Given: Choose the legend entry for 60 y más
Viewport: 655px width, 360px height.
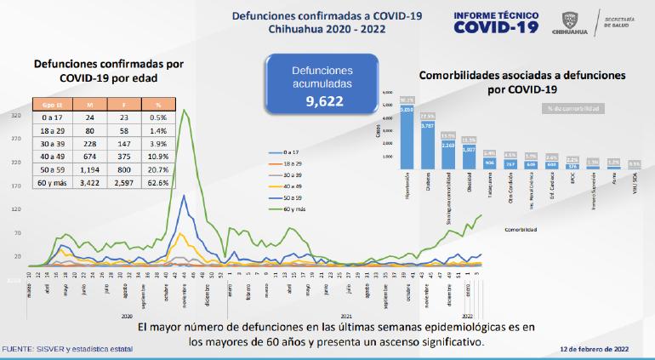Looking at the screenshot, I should pyautogui.click(x=292, y=207).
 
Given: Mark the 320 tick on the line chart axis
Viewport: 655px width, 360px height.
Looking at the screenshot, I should pyautogui.click(x=16, y=115).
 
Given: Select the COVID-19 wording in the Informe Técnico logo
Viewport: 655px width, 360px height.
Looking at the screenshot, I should pyautogui.click(x=498, y=26).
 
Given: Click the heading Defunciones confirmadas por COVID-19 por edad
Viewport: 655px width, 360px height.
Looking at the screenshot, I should pyautogui.click(x=96, y=71).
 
